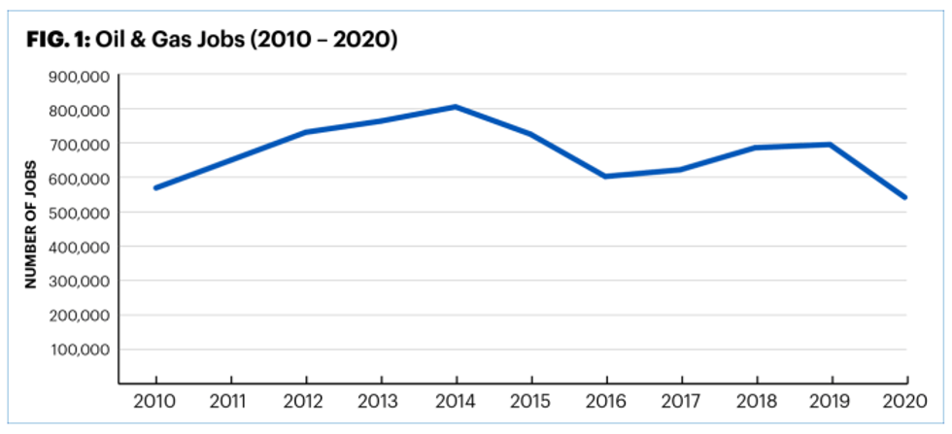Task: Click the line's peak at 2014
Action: [456, 106]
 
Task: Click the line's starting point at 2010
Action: [155, 187]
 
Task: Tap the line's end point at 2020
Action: [906, 198]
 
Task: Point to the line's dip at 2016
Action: [606, 176]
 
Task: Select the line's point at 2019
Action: [832, 145]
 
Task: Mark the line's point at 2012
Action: [306, 132]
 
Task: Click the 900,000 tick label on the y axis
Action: [80, 75]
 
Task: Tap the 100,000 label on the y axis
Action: [80, 350]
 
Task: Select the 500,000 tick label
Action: [80, 213]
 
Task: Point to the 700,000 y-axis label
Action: [80, 144]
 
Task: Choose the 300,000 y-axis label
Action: [80, 282]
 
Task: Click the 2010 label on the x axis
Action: [155, 401]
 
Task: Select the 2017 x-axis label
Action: [681, 401]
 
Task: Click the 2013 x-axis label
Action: [381, 401]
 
